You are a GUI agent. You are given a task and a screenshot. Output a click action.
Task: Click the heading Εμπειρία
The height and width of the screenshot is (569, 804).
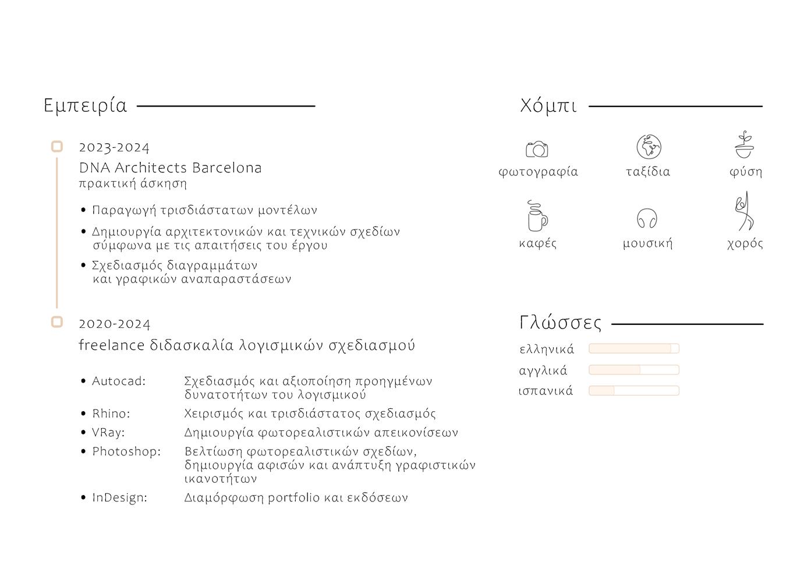(85, 106)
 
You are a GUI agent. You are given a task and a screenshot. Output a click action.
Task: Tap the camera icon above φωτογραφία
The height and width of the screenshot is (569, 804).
(537, 149)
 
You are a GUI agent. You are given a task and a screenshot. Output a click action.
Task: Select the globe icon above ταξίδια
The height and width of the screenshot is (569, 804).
(649, 147)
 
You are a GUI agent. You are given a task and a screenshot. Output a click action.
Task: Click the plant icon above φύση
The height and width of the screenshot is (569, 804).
(743, 145)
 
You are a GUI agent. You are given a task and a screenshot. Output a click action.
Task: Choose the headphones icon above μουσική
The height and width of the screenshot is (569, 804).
(647, 219)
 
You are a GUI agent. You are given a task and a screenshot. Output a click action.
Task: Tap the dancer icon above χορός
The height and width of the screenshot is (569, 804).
(744, 212)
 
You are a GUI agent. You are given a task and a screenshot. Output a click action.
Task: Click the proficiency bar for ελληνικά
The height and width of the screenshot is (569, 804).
(634, 348)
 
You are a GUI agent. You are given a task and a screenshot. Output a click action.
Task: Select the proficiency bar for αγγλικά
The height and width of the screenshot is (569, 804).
(634, 370)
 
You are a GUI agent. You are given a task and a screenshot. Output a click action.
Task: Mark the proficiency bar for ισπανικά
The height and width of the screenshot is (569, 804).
(634, 391)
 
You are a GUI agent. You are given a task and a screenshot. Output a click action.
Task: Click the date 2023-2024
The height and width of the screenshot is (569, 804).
(114, 148)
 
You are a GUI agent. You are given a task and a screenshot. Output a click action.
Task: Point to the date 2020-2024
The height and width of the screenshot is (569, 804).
(115, 324)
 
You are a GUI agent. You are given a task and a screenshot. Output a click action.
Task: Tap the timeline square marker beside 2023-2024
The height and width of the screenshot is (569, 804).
(57, 147)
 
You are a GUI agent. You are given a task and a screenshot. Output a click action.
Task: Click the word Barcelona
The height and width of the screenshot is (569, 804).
(226, 168)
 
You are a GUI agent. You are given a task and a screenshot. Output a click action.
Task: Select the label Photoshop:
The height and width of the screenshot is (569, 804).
(126, 452)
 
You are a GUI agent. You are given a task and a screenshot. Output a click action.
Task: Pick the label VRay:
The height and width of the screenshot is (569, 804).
(108, 433)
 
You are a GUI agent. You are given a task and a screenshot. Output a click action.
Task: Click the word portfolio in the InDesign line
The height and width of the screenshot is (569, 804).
(293, 498)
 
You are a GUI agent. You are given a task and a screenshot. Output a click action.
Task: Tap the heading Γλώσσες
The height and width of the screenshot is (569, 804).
(560, 323)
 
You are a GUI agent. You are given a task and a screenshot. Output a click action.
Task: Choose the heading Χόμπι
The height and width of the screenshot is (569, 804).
(548, 106)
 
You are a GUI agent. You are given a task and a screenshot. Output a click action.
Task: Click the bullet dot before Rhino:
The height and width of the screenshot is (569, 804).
(84, 414)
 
